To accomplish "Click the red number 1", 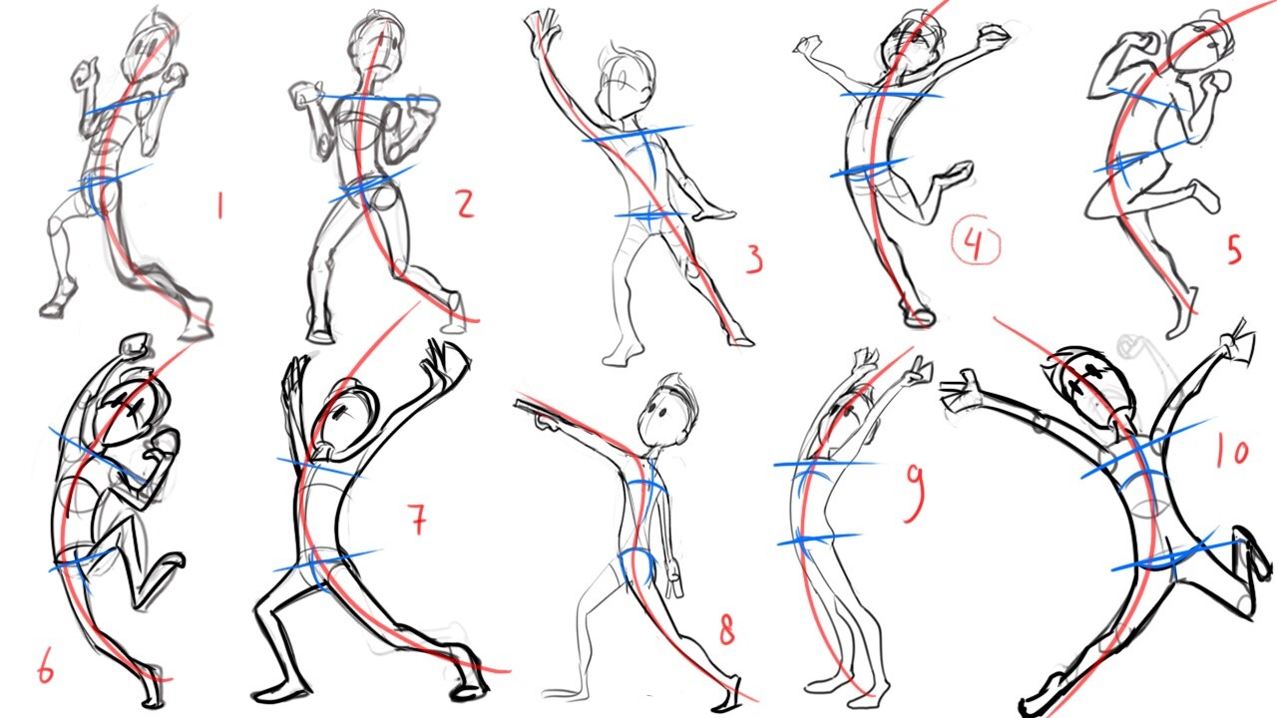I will [x=219, y=206].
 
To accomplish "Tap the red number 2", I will [x=464, y=204].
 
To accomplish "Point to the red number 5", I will [x=1234, y=248].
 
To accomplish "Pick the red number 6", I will [x=45, y=668].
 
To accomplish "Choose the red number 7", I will [x=417, y=521].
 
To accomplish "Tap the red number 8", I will [x=726, y=630].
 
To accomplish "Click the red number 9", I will [x=914, y=494].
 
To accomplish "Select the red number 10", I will [x=1232, y=452].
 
